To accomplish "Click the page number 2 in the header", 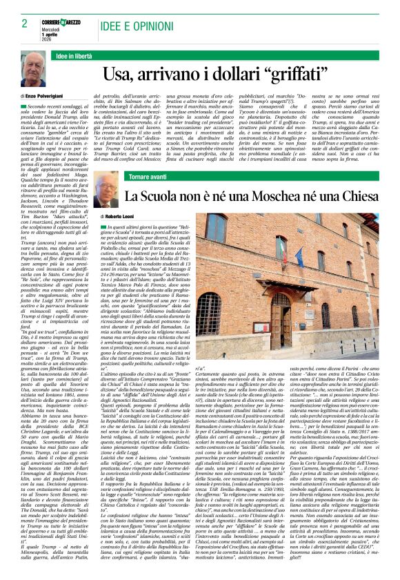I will [26, 23].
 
